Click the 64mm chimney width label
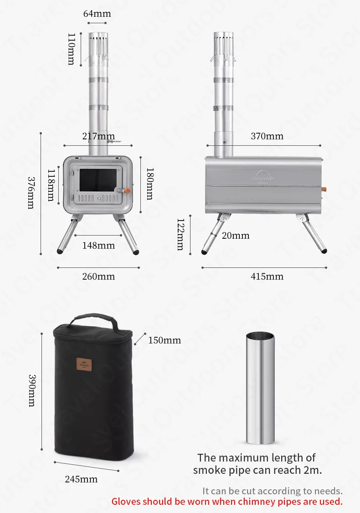pyautogui.click(x=97, y=14)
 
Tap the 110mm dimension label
pyautogui.click(x=71, y=49)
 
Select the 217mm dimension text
pyautogui.click(x=98, y=136)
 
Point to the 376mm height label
pyautogui.click(x=31, y=193)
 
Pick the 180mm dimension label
pyautogui.click(x=149, y=183)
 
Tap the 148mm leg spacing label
pyautogui.click(x=98, y=246)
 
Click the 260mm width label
pyautogui.click(x=98, y=277)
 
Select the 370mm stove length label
pyautogui.click(x=267, y=136)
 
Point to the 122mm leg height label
pyautogui.click(x=180, y=234)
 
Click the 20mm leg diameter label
pyautogui.click(x=236, y=236)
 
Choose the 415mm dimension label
pyautogui.click(x=267, y=277)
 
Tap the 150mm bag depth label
pyautogui.click(x=165, y=340)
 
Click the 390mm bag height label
pyautogui.click(x=32, y=390)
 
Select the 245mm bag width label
pyautogui.click(x=82, y=479)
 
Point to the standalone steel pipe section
pyautogui.click(x=261, y=387)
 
